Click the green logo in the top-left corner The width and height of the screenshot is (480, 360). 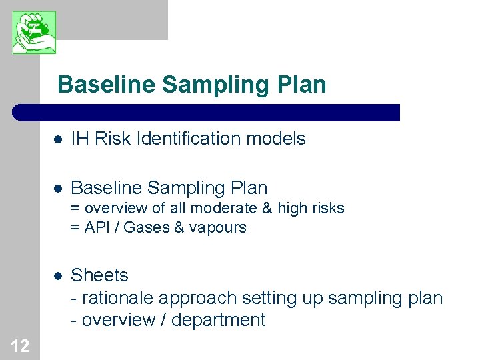click(x=34, y=32)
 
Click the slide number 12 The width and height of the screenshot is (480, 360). click(x=20, y=346)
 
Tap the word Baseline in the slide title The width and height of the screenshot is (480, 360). click(x=107, y=85)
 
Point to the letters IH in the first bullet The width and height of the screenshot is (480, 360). click(x=80, y=139)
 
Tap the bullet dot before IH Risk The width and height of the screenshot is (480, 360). click(x=58, y=139)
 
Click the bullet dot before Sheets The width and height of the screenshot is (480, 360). click(x=58, y=276)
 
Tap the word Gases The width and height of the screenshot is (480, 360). click(x=146, y=227)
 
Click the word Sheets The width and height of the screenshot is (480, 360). click(x=99, y=275)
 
